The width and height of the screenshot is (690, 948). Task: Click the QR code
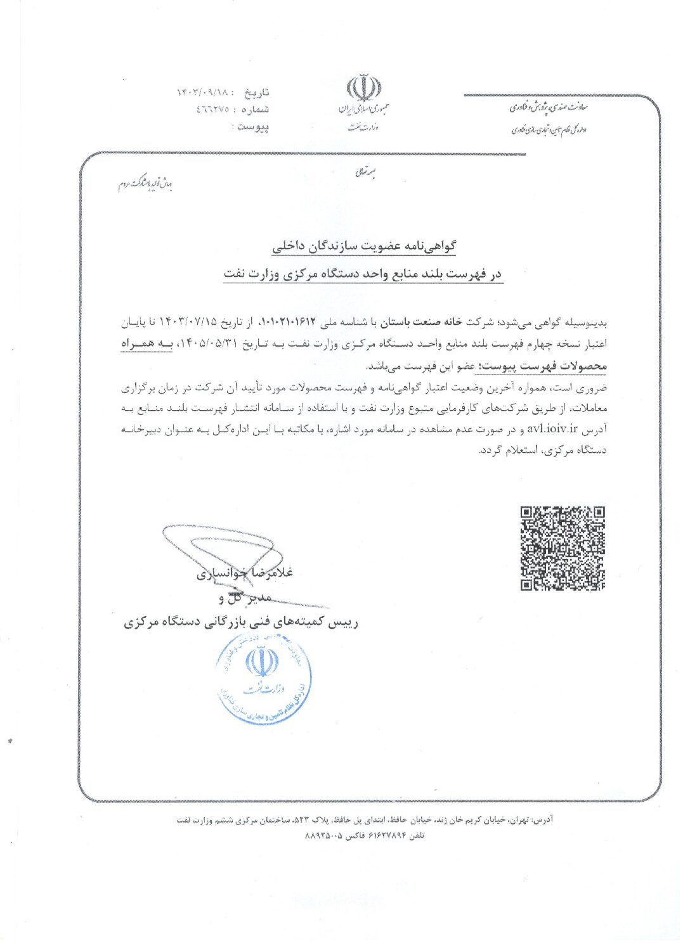point(562,549)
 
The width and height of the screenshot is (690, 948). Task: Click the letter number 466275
point(212,110)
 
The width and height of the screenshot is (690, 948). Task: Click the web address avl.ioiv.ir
point(552,430)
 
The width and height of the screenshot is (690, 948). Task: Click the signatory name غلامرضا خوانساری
point(245,573)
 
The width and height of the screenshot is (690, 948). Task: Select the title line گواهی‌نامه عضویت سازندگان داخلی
point(364,247)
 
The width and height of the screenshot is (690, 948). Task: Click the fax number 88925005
point(325,836)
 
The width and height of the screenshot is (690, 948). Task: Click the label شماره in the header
point(256,110)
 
